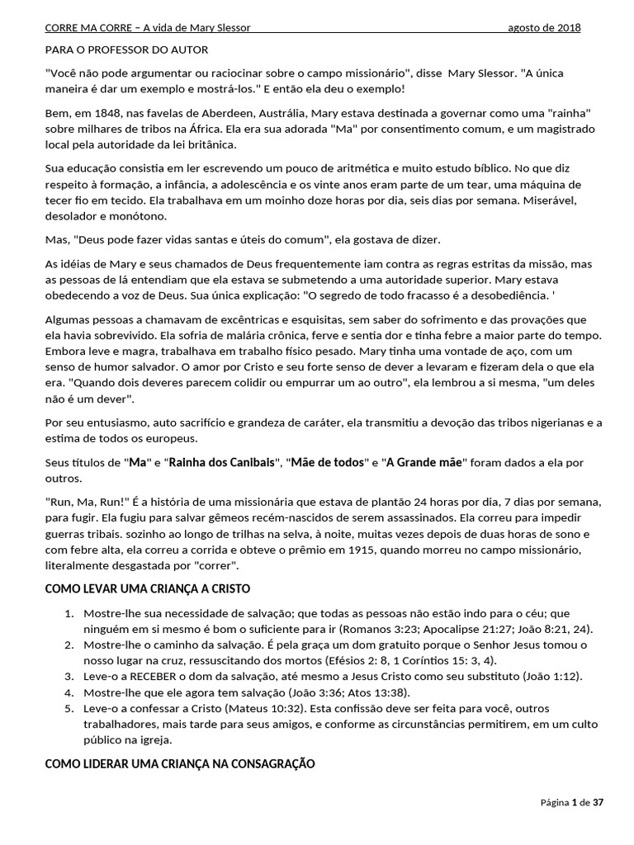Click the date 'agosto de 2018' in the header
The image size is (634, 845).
[x=544, y=28]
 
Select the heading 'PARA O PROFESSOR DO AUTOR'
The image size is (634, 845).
[x=126, y=50]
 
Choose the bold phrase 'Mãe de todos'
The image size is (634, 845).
[x=329, y=462]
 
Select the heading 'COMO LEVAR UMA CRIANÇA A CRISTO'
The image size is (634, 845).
[x=147, y=589]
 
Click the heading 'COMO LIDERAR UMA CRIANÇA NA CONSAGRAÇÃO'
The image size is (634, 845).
[x=180, y=764]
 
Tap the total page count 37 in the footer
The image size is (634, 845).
[x=598, y=802]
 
